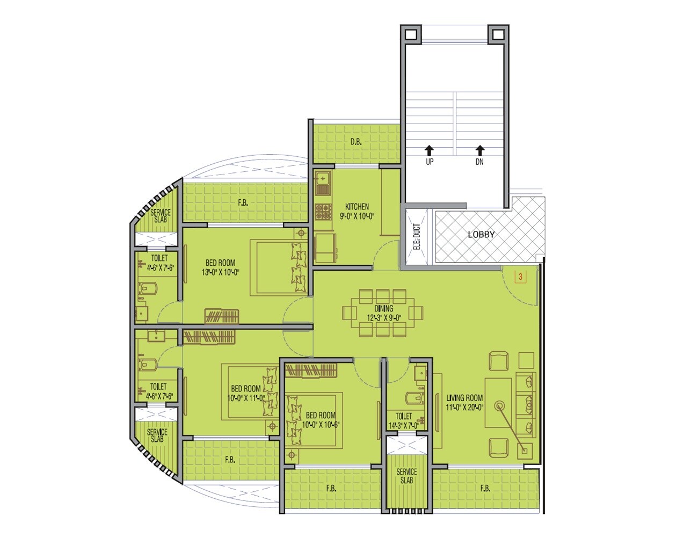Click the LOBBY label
tap(481, 235)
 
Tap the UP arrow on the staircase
tap(429, 150)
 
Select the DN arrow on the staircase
tap(479, 150)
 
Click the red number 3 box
tap(519, 277)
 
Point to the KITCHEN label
tap(357, 207)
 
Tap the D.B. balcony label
tap(356, 142)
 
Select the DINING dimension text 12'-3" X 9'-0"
tap(384, 317)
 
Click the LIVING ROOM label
tap(464, 398)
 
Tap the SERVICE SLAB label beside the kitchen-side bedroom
tap(159, 216)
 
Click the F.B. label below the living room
tap(485, 489)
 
